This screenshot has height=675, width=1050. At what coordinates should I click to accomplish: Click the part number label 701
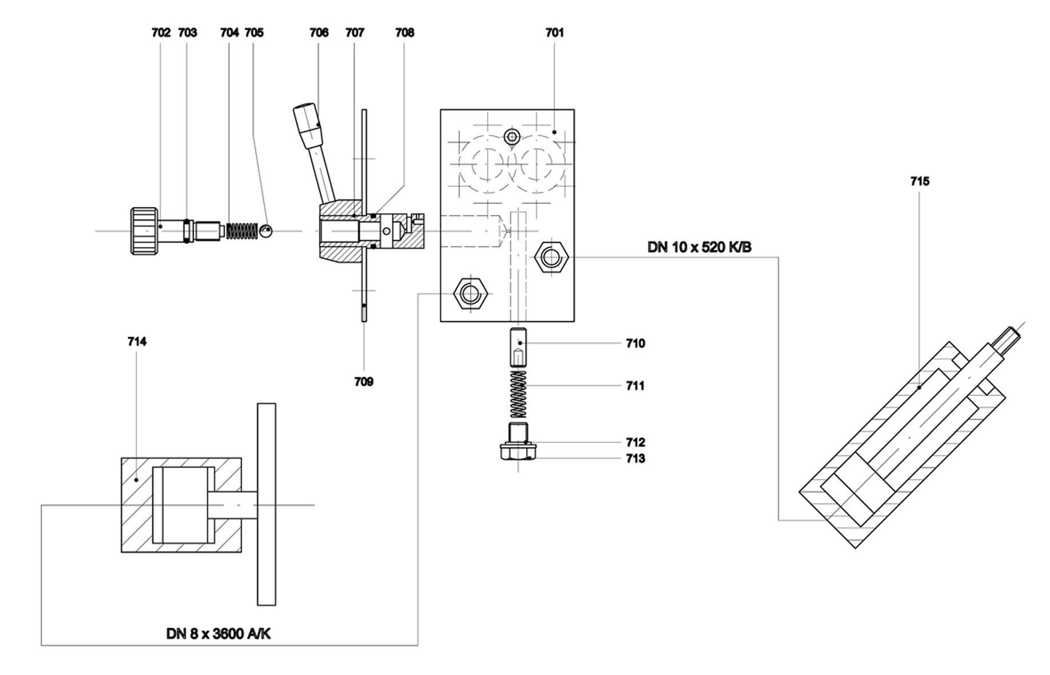coord(554,33)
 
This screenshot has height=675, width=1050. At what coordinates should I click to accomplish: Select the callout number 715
coord(920,181)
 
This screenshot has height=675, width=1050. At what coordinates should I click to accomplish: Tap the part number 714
coord(137,341)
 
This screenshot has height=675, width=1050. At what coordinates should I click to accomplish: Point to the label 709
coord(364,382)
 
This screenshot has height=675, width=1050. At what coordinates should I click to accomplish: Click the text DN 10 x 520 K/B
coord(699,247)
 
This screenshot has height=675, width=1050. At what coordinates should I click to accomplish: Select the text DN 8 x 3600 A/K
coord(219,634)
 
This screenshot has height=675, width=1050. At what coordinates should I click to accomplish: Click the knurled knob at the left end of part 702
coord(144,231)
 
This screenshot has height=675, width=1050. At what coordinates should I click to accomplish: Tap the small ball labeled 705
coord(266,231)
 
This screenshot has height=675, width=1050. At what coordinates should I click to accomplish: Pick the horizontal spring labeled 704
coord(242,231)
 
